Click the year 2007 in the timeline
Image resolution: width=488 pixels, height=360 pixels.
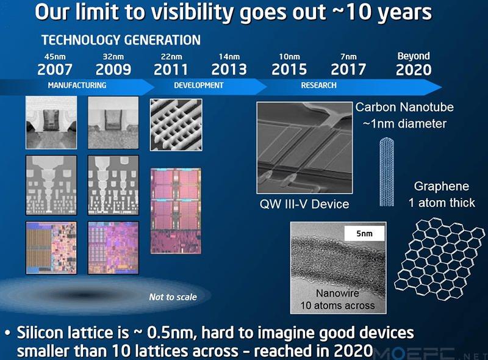pyautogui.click(x=55, y=70)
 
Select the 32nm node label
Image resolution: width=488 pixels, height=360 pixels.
pyautogui.click(x=113, y=57)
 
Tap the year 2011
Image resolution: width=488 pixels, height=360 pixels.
pyautogui.click(x=171, y=70)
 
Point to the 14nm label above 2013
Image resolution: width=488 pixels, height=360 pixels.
pyautogui.click(x=229, y=57)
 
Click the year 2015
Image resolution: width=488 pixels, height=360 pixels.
pyautogui.click(x=289, y=70)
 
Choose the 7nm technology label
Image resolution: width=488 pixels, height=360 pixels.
pyautogui.click(x=348, y=57)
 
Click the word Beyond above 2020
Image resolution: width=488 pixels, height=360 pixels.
pyautogui.click(x=414, y=56)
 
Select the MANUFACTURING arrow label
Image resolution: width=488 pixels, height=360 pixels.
pyautogui.click(x=77, y=85)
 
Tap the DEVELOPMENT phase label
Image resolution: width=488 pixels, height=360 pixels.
pyautogui.click(x=199, y=85)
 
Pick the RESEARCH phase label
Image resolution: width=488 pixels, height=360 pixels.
pyautogui.click(x=318, y=85)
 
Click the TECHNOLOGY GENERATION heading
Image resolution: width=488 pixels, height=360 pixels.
pyautogui.click(x=121, y=40)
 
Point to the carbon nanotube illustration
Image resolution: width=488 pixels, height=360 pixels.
pyautogui.click(x=389, y=172)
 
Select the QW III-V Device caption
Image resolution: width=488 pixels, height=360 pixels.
pyautogui.click(x=304, y=203)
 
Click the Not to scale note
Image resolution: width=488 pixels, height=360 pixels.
pyautogui.click(x=173, y=297)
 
